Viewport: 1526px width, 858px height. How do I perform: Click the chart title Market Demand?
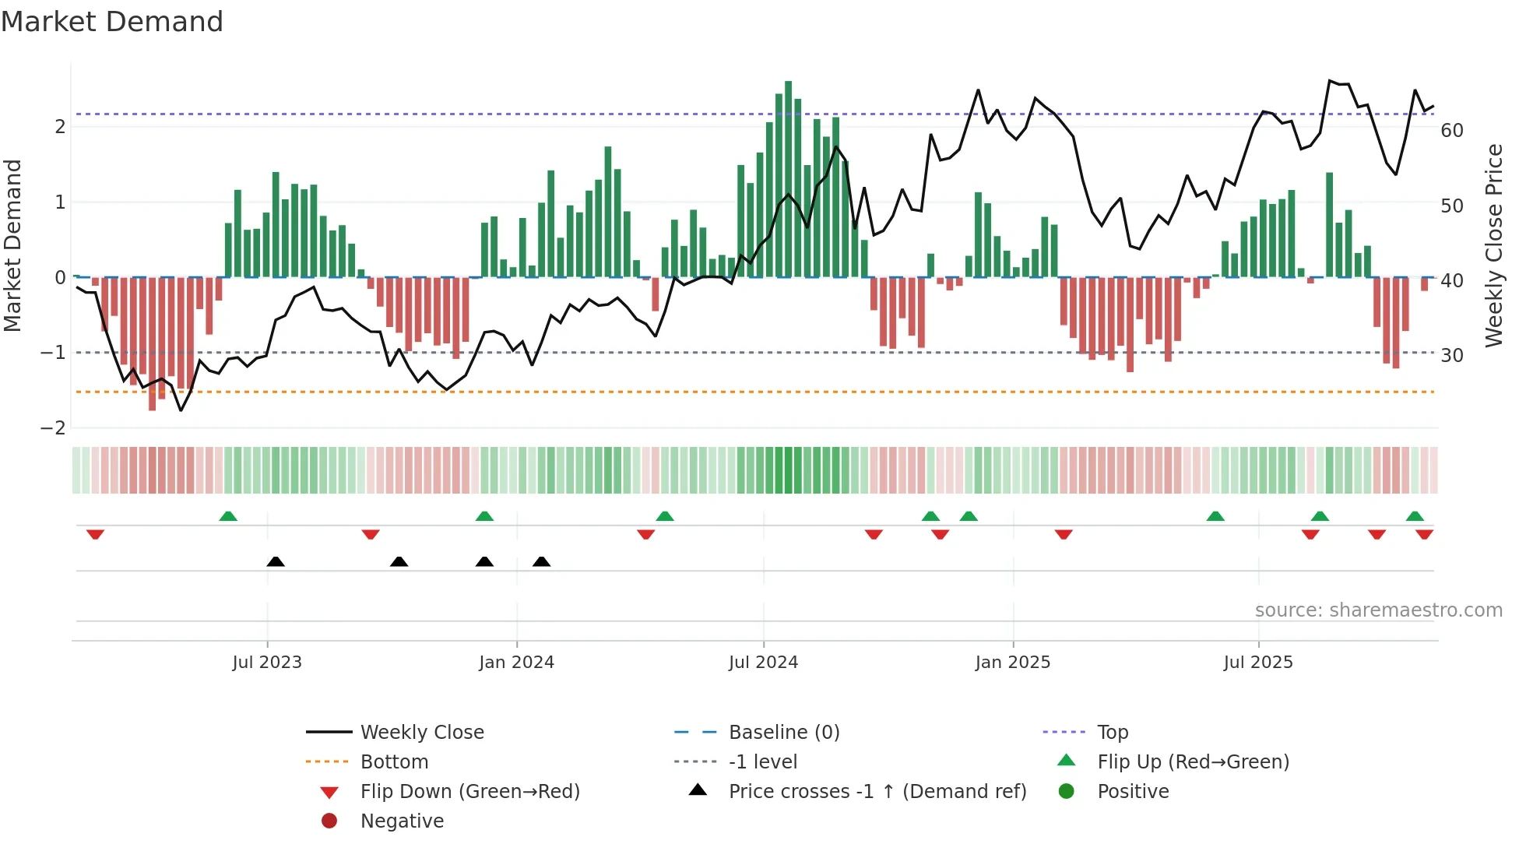112,22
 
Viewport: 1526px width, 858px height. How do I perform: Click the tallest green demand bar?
788,179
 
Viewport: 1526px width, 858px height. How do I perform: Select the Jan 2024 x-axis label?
516,663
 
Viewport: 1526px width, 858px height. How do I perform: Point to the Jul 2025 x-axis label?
1257,663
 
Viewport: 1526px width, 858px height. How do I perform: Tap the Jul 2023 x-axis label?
267,663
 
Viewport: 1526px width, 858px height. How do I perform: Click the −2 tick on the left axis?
53,427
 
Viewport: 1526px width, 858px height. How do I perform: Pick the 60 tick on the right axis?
1451,130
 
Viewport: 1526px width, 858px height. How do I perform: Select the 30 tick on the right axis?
1451,355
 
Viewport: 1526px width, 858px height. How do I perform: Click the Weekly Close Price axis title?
1493,245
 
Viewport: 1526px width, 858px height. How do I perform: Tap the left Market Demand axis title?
12,245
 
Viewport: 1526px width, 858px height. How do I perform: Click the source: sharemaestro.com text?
1378,610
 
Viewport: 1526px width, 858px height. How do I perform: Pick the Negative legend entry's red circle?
329,821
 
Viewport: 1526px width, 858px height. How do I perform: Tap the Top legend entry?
1112,732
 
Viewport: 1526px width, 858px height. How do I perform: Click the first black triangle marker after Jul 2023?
276,561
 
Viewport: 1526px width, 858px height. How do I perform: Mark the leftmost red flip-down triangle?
95,534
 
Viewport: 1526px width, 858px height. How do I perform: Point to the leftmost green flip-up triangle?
228,516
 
